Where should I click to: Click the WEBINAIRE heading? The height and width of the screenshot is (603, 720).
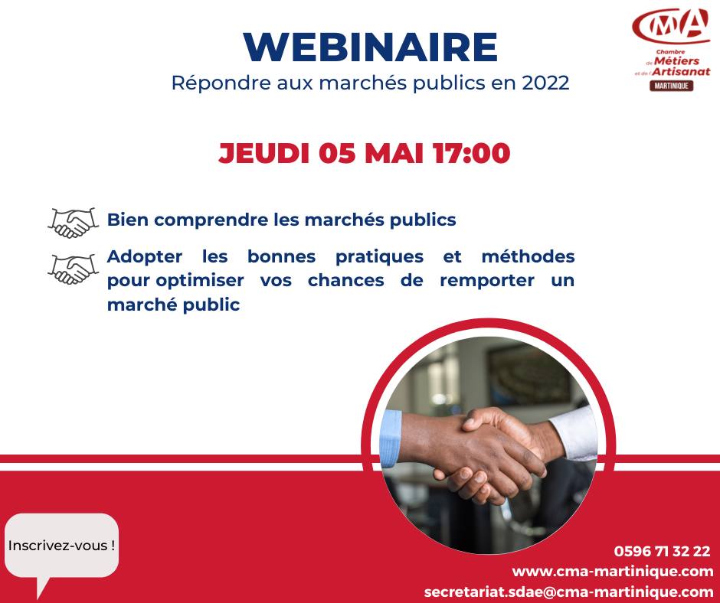click(x=371, y=47)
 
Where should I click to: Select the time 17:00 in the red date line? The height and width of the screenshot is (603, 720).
click(x=471, y=153)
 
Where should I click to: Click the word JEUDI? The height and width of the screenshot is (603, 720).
click(x=264, y=153)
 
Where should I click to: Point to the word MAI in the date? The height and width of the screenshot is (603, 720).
click(x=394, y=153)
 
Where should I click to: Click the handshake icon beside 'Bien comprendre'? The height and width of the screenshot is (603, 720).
click(x=74, y=223)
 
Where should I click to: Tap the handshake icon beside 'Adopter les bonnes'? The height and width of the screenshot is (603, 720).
click(x=74, y=269)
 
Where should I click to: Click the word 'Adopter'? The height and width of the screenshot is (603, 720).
click(x=145, y=256)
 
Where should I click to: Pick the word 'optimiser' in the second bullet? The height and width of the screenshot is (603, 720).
click(x=200, y=281)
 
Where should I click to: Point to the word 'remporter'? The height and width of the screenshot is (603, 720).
click(x=486, y=281)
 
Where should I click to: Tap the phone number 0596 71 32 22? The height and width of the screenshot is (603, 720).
click(x=662, y=551)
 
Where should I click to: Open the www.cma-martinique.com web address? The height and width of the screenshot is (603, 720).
click(x=613, y=572)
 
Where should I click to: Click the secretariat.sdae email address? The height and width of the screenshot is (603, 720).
click(x=569, y=592)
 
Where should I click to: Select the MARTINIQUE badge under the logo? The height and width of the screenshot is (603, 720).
click(x=671, y=86)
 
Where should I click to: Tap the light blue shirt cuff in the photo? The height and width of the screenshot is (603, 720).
click(x=391, y=438)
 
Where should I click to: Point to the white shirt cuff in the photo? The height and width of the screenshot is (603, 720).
click(x=574, y=434)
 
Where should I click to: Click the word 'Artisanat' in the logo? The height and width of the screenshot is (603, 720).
click(x=682, y=72)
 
